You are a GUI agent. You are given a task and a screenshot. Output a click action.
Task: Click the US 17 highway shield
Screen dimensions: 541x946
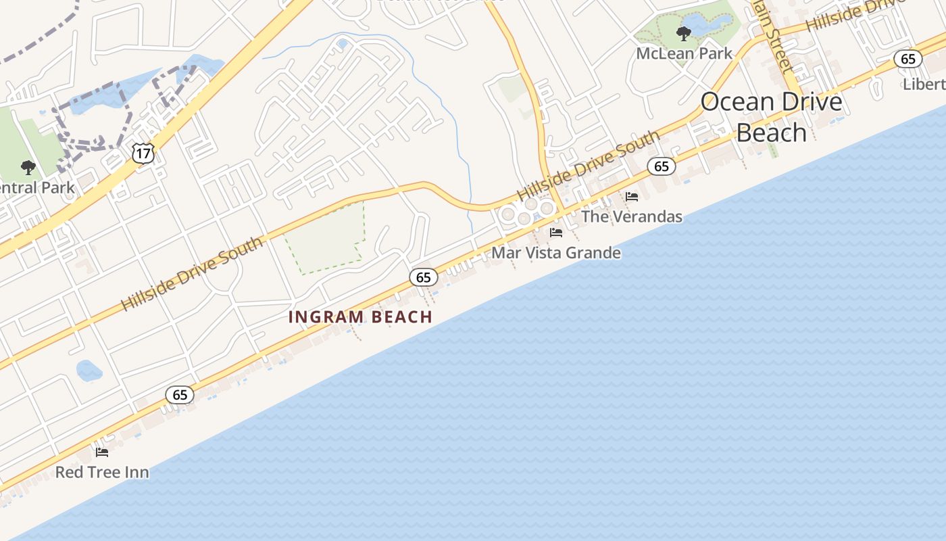tap(143, 154)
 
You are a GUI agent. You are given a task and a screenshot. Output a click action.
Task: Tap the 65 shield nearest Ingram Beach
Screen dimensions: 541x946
tap(424, 277)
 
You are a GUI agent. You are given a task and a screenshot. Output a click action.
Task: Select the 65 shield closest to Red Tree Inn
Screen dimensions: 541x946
tap(180, 395)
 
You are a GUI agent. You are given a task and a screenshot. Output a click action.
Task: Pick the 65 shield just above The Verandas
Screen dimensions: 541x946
tap(662, 166)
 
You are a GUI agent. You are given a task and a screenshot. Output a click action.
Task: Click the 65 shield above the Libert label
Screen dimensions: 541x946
tap(908, 59)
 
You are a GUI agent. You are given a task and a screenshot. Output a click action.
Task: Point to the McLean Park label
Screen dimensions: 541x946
tap(684, 53)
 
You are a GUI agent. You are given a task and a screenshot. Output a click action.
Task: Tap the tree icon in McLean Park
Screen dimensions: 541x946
tap(684, 32)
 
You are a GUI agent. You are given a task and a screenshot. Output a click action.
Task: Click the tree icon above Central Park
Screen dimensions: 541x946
tap(28, 166)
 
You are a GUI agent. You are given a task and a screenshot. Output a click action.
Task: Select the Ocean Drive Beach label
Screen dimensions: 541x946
tap(772, 117)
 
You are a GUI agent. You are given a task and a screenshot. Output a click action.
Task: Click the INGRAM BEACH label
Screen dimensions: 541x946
tap(360, 316)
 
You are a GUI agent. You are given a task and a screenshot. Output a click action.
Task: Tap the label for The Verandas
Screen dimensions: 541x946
tap(632, 216)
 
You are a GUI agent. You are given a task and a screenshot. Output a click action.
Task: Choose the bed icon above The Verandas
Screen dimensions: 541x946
tap(632, 197)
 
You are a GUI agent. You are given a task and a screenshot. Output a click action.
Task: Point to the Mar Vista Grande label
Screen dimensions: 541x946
tap(556, 253)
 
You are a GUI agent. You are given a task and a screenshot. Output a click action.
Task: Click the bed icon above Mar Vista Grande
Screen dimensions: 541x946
tap(556, 233)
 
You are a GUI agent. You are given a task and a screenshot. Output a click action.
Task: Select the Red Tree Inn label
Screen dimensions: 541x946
tap(102, 472)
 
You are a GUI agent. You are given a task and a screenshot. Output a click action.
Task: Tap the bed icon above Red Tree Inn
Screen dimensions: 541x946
tap(102, 452)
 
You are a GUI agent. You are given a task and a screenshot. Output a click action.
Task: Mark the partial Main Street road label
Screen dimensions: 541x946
tap(774, 37)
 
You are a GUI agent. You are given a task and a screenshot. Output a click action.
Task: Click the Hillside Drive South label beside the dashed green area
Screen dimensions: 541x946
tap(192, 273)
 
